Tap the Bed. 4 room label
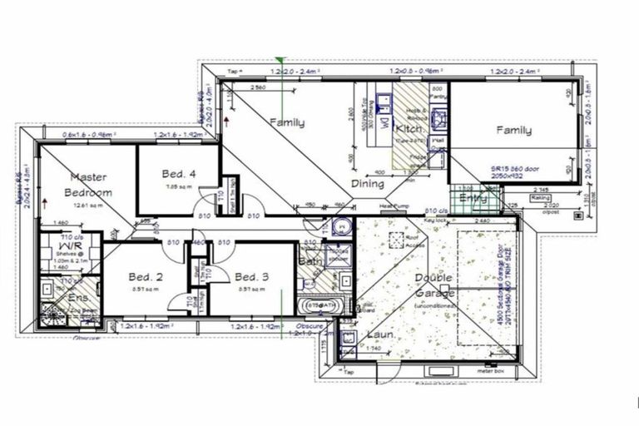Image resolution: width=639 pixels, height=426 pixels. (x=179, y=174)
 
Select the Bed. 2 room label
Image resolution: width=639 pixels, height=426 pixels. (x=145, y=276)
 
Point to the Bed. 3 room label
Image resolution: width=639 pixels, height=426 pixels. (x=250, y=276)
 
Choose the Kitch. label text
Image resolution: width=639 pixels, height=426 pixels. (x=410, y=129)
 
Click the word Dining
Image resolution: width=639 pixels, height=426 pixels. (x=367, y=184)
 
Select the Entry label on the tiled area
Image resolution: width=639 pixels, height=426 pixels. (x=473, y=198)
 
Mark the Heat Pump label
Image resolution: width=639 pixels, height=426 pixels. (x=393, y=206)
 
